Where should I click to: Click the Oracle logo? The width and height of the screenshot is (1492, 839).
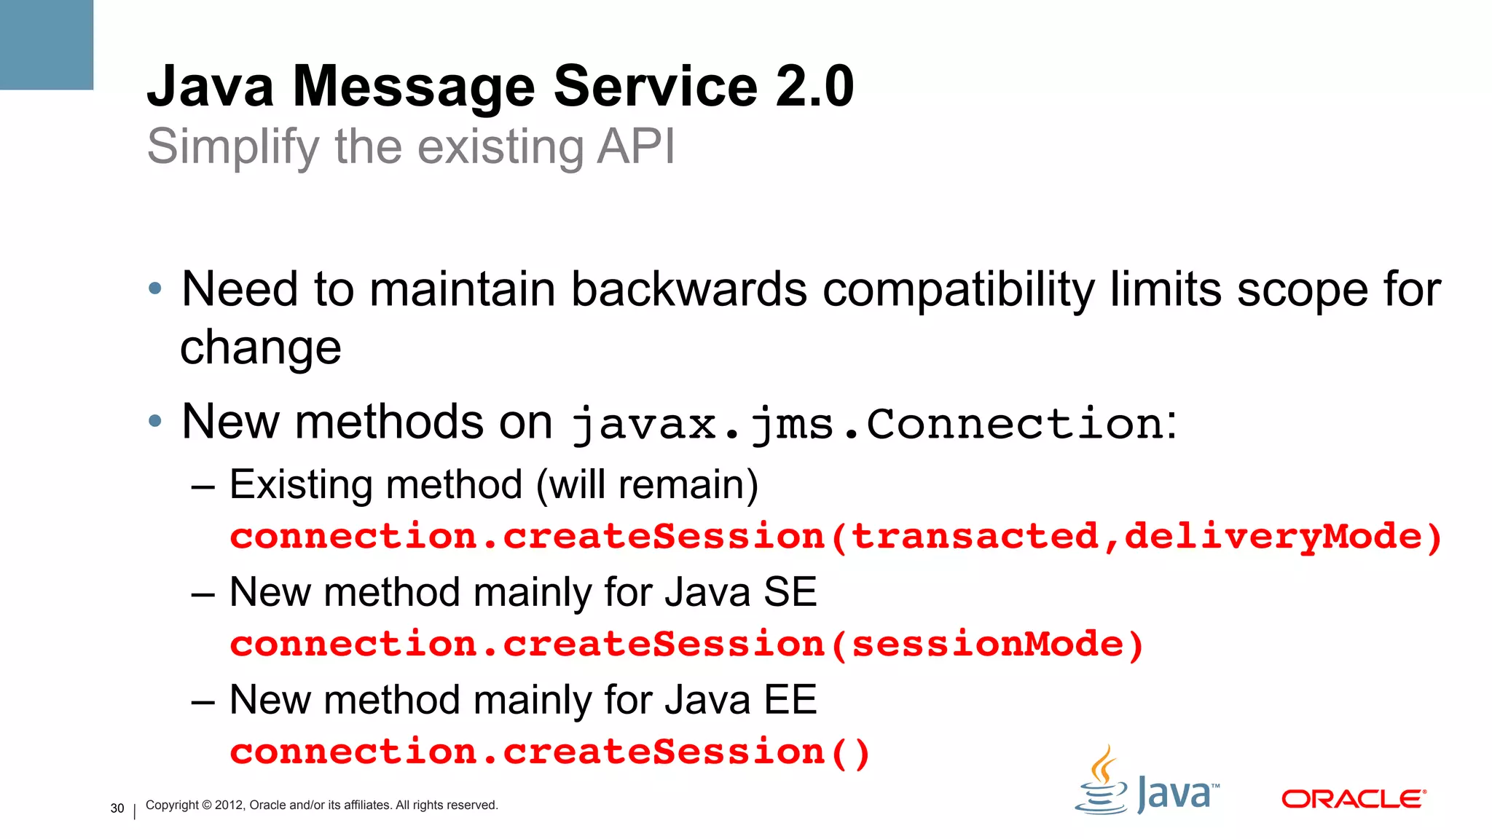[x=1353, y=799]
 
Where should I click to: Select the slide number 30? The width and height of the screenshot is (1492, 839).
[x=117, y=808]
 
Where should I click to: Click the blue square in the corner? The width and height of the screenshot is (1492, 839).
[x=46, y=44]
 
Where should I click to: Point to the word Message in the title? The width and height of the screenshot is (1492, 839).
[x=413, y=87]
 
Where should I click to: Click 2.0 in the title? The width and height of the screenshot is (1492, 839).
[x=814, y=87]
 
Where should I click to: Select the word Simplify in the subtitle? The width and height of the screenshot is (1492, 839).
[x=232, y=147]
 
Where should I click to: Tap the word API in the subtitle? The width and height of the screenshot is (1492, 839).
[x=635, y=146]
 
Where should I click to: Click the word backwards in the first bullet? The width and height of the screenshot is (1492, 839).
[x=688, y=289]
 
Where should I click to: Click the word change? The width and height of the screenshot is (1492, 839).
[x=260, y=347]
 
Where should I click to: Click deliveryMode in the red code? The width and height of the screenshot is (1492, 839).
[x=1273, y=537]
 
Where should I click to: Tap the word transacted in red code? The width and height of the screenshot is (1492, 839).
[x=975, y=537]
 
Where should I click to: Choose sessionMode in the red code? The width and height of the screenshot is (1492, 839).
[x=988, y=645]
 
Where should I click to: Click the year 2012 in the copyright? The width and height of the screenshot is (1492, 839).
[x=229, y=805]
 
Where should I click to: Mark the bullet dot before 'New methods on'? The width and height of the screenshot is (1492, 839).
[x=154, y=421]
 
